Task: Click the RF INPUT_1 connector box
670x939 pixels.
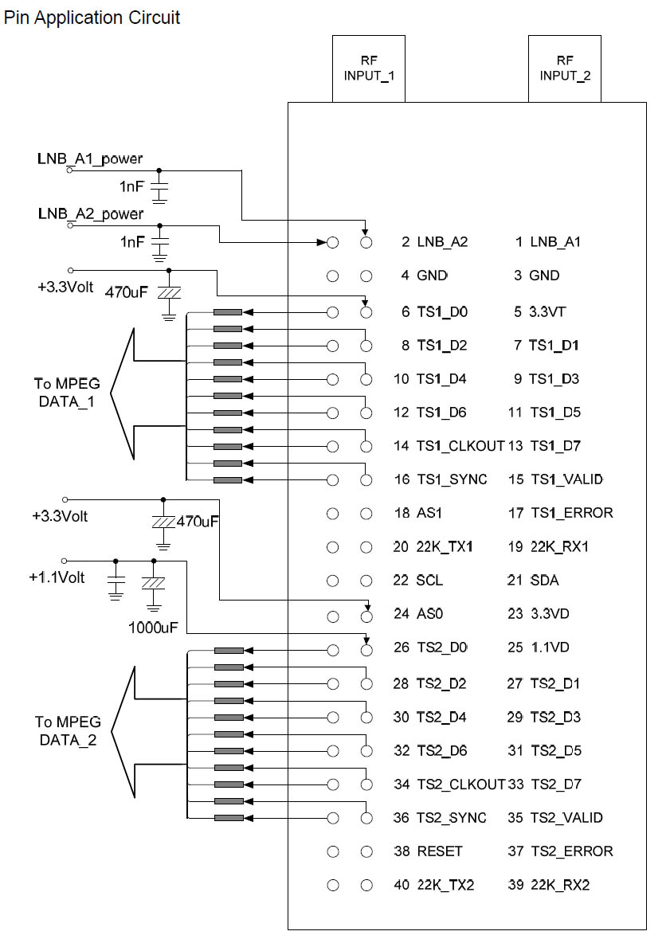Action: coord(369,68)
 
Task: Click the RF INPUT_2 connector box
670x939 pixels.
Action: coord(565,68)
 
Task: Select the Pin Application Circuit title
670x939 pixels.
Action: coord(92,17)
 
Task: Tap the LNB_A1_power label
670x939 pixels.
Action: coord(90,158)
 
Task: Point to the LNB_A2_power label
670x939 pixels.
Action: coord(90,214)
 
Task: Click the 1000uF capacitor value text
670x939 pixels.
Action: coord(153,627)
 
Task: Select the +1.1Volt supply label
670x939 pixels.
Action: coord(57,577)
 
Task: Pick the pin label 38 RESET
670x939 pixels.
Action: coord(428,851)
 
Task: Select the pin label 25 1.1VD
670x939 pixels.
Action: coord(538,648)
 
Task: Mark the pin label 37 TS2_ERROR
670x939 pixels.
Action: coord(560,851)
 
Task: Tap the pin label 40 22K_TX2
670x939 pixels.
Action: coord(434,885)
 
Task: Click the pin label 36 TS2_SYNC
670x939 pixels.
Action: coord(440,818)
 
